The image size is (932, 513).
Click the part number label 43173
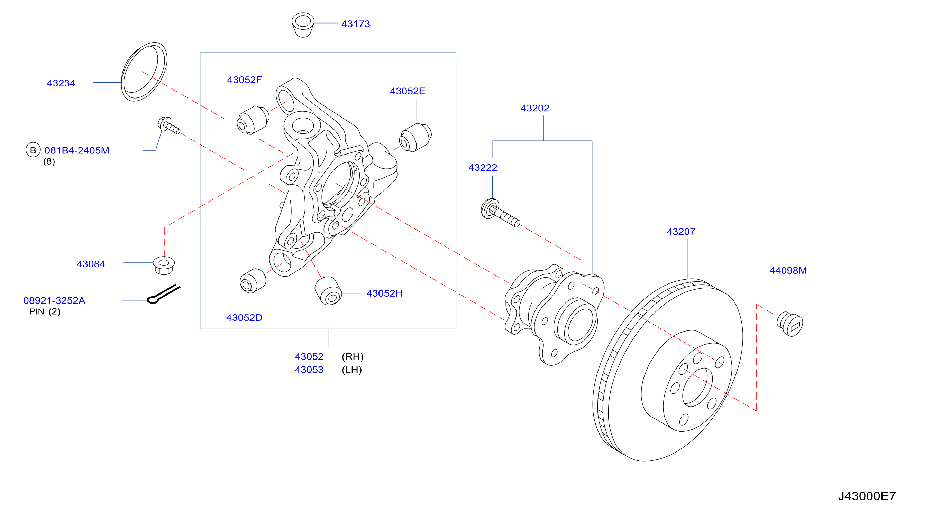[355, 24]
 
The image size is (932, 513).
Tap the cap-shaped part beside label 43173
[303, 25]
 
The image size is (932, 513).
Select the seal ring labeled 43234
[144, 72]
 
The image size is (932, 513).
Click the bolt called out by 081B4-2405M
[168, 125]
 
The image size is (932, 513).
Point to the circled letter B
[33, 150]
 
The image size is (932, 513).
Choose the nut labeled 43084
[164, 265]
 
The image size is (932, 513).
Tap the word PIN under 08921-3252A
[37, 311]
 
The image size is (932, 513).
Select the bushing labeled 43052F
[253, 120]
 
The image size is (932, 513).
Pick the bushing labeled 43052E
[415, 138]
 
